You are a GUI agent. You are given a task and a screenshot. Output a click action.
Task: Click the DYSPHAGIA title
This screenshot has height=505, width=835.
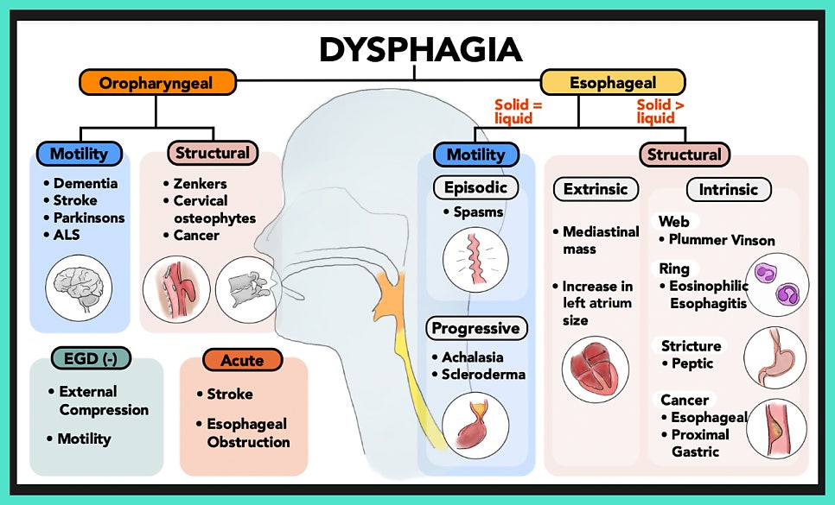420,50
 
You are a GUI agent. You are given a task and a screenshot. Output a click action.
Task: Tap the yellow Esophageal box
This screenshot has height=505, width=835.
612,83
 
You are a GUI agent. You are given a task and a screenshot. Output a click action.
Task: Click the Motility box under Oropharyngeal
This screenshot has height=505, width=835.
79,155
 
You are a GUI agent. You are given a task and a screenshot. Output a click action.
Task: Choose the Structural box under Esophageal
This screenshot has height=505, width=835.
684,155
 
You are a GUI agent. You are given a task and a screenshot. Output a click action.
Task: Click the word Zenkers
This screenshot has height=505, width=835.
200,184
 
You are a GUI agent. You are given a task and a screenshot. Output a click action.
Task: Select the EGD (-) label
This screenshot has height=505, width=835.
86,357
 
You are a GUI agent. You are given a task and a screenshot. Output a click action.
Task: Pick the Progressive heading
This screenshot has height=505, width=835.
475,328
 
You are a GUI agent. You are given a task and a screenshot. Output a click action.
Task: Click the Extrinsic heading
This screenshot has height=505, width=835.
596,189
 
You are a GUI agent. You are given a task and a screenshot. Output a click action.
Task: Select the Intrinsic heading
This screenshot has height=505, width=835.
728,189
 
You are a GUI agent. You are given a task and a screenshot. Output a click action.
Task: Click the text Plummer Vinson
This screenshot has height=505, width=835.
723,240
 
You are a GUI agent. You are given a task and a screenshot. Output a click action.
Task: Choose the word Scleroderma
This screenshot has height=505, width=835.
483,375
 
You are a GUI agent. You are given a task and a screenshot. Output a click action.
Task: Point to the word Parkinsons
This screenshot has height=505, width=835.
89,218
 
